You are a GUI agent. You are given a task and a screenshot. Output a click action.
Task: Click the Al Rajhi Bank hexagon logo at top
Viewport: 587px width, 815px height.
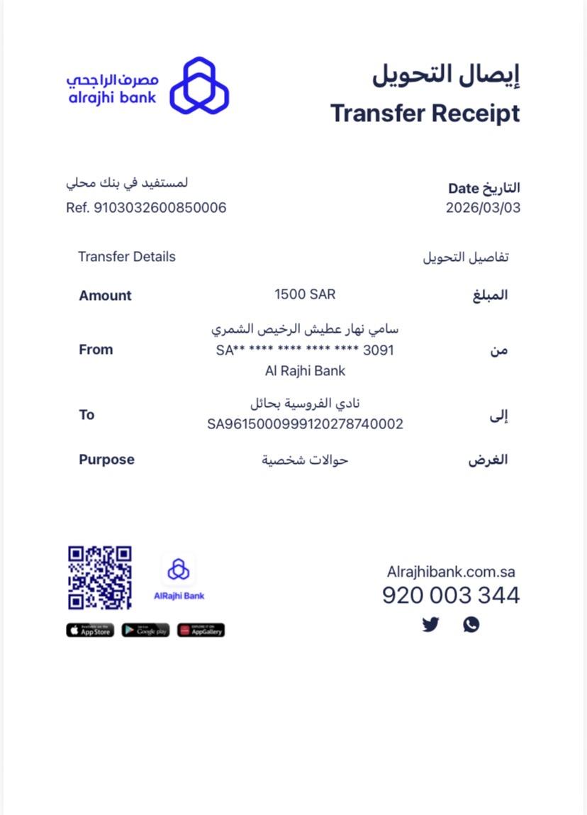point(199,85)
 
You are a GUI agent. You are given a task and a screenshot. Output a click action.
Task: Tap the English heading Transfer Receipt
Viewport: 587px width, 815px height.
point(425,113)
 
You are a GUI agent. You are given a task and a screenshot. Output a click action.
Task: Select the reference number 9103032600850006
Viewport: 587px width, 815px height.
point(160,208)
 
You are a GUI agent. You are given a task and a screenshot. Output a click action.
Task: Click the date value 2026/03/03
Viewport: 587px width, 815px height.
point(483,208)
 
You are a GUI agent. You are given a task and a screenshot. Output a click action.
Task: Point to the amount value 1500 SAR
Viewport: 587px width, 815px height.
point(305,294)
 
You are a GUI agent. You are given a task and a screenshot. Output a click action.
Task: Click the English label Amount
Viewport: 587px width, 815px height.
point(105,296)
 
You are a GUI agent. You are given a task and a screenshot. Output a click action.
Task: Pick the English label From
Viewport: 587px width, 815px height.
point(96,350)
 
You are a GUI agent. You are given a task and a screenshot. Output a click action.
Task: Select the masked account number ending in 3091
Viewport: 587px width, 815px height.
point(305,350)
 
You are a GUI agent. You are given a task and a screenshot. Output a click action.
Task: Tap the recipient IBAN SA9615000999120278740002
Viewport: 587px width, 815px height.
point(305,424)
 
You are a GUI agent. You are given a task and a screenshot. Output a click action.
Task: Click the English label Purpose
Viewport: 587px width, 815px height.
point(106,460)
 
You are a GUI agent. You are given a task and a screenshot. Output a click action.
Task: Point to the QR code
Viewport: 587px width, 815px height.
point(100,577)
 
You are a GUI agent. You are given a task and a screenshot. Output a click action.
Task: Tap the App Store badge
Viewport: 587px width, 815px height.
point(90,630)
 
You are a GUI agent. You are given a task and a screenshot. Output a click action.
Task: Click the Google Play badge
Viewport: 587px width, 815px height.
point(145,630)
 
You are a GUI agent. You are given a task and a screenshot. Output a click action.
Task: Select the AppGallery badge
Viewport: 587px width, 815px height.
point(201,630)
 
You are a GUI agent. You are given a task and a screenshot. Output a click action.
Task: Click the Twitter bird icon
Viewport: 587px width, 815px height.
point(430,625)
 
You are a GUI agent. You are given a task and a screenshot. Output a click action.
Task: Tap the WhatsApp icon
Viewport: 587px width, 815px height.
point(471,624)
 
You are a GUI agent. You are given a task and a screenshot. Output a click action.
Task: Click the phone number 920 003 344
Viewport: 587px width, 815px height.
point(451,595)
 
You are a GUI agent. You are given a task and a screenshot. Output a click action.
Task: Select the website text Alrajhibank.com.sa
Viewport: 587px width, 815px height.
point(451,572)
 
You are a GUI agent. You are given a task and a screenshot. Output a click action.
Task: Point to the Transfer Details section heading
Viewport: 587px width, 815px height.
point(127,257)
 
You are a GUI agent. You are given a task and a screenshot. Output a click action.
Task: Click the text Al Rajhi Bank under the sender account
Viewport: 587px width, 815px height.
point(305,370)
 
